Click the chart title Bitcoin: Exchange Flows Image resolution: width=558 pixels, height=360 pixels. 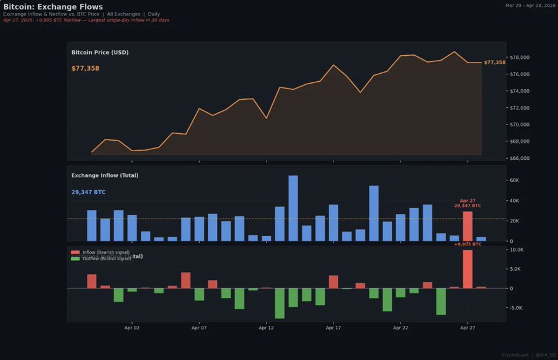53,7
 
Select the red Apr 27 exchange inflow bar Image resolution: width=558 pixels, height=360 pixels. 467,226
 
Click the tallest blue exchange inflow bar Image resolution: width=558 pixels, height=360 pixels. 293,208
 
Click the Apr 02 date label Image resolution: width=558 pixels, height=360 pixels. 131,328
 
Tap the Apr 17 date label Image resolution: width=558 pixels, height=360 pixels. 333,328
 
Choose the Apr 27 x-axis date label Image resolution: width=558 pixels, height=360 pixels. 467,328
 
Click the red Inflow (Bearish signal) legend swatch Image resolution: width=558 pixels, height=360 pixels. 76,253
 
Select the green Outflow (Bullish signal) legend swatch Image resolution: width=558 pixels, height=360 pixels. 76,258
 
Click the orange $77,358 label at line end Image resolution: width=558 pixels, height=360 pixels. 494,63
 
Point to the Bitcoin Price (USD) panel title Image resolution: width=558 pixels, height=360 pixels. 100,53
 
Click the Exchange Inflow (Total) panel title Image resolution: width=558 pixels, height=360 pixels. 105,175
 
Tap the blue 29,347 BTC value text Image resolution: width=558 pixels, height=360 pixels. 88,192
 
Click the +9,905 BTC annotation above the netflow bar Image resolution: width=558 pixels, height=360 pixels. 467,244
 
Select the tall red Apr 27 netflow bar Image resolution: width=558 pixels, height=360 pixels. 467,269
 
